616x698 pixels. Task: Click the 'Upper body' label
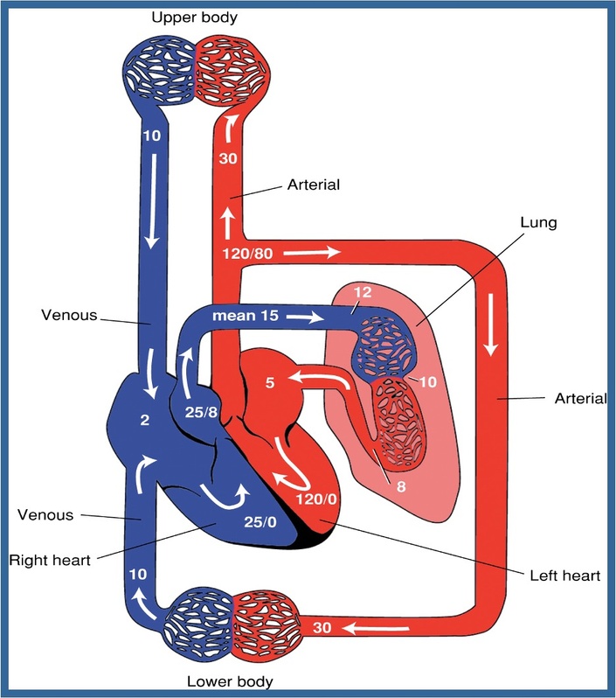[x=194, y=18]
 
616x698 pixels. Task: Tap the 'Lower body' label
[x=230, y=681]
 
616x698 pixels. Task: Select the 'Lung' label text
[x=538, y=222]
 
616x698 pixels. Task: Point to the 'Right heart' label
[x=50, y=560]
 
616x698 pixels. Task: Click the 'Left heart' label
[x=564, y=576]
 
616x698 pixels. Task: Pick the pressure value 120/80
[x=248, y=254]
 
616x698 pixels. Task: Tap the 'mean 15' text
[x=246, y=316]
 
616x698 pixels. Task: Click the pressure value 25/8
[x=201, y=412]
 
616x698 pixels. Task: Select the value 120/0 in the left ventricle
[x=316, y=499]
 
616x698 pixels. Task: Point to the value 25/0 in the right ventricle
[x=260, y=521]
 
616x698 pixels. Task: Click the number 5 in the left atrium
[x=270, y=383]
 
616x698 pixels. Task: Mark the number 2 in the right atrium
[x=144, y=420]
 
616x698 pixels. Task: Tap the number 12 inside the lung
[x=363, y=292]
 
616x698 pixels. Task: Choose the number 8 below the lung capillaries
[x=401, y=486]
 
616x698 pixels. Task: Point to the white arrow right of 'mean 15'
[x=305, y=317]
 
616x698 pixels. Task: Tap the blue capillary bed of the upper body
[x=159, y=70]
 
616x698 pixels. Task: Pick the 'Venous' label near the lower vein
[x=45, y=515]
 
